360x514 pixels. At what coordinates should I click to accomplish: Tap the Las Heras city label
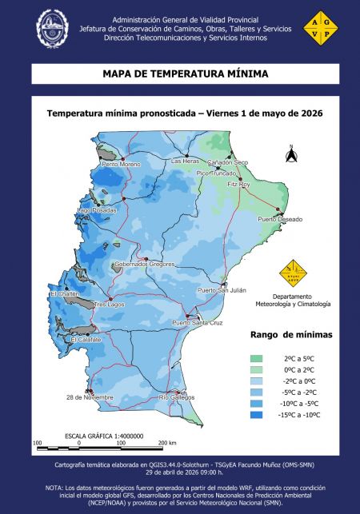(186, 161)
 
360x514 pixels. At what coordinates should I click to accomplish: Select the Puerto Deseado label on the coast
(279, 219)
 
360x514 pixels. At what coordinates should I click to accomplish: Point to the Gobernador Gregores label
(145, 263)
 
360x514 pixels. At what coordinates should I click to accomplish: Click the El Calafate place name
(86, 340)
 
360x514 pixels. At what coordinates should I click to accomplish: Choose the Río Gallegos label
(177, 397)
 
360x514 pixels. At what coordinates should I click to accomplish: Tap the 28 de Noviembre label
(90, 397)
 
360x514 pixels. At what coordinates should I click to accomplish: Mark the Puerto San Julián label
(222, 289)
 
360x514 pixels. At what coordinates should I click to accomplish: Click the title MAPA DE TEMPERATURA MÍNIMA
(185, 74)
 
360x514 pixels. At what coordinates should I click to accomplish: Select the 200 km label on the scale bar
(167, 442)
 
